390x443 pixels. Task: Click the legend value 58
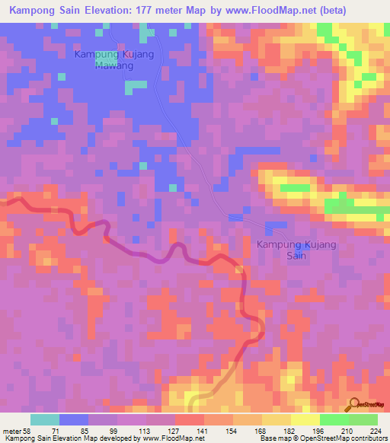[30, 431]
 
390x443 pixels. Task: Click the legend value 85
[88, 431]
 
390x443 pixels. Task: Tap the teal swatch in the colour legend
[45, 419]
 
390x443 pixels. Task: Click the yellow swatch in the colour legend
[305, 419]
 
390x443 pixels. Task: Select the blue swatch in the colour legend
[74, 419]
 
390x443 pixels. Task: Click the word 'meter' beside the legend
[12, 431]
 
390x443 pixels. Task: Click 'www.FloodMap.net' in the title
[260, 11]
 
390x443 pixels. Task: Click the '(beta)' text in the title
[327, 11]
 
